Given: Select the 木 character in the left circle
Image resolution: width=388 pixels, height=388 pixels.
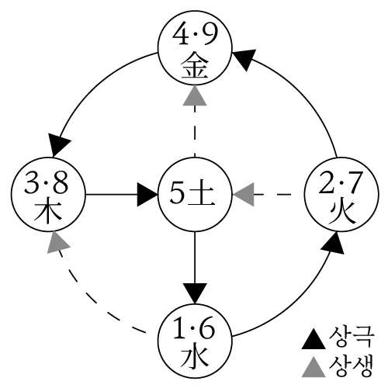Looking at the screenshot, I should point(49,210).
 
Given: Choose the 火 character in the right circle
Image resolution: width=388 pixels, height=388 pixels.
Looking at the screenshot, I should point(338,210).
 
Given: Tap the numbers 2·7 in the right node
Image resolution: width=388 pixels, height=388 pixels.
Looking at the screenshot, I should point(338,183).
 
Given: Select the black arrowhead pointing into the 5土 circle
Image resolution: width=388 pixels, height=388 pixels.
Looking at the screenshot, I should point(147,194).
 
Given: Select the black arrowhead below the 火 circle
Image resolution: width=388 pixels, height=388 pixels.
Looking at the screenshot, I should point(332,244).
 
